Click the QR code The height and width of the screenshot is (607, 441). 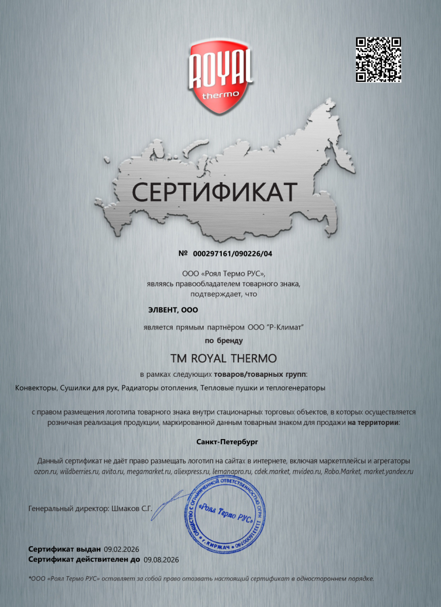[x=379, y=60]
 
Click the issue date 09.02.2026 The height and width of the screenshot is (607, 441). [x=122, y=549]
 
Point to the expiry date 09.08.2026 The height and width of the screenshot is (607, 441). [x=162, y=559]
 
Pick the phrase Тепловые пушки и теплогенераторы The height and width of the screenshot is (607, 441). [x=263, y=388]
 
